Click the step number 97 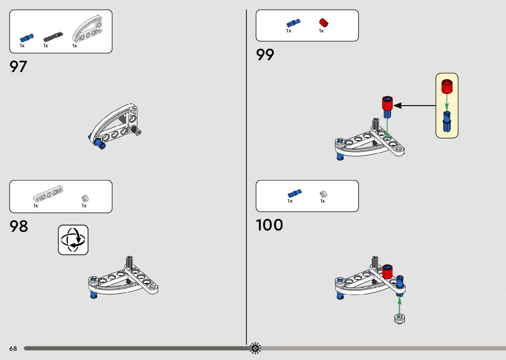pyautogui.click(x=18, y=66)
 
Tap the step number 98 pyautogui.click(x=19, y=226)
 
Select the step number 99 pyautogui.click(x=265, y=55)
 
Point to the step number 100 pyautogui.click(x=269, y=225)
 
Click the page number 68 pyautogui.click(x=13, y=348)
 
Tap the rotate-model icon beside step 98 pyautogui.click(x=73, y=240)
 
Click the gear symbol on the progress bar pyautogui.click(x=255, y=348)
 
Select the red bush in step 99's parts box pyautogui.click(x=324, y=23)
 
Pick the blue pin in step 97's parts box pyautogui.click(x=27, y=38)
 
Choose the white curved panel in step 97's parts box pyautogui.click(x=88, y=29)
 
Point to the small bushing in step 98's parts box pyautogui.click(x=85, y=199)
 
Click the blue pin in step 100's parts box pyautogui.click(x=294, y=193)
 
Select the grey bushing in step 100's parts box pyautogui.click(x=323, y=194)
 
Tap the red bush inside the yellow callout pyautogui.click(x=447, y=87)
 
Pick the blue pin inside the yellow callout pyautogui.click(x=447, y=122)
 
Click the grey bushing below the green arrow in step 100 pyautogui.click(x=400, y=319)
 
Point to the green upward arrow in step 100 pyautogui.click(x=400, y=305)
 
